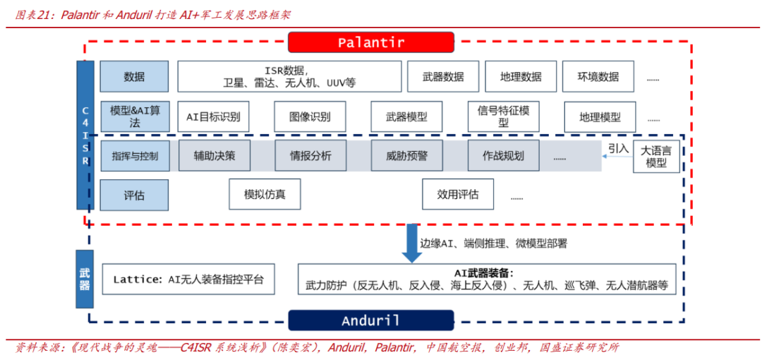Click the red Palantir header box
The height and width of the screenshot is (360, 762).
pos(371,42)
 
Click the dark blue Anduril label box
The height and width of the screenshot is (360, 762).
pos(371,320)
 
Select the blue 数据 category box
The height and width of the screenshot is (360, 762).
pos(134,76)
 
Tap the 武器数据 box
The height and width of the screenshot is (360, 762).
pos(443,76)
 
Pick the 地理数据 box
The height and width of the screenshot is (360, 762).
pos(521,76)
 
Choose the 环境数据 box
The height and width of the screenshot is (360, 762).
pos(598,76)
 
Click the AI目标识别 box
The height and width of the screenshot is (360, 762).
pos(213,116)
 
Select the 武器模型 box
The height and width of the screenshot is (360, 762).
pos(406,116)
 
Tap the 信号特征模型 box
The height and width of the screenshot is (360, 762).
pos(503,116)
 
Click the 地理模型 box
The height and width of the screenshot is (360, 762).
pos(600,116)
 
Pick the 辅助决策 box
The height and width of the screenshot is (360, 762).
pos(214,155)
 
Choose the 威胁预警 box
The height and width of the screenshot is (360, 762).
pos(406,155)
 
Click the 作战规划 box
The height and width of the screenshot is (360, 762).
pos(503,155)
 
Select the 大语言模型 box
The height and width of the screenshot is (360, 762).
pos(656,157)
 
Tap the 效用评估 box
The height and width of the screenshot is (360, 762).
pos(457,194)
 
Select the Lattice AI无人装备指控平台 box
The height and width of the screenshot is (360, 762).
pos(188,279)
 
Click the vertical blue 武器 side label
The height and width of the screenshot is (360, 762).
pos(85,279)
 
